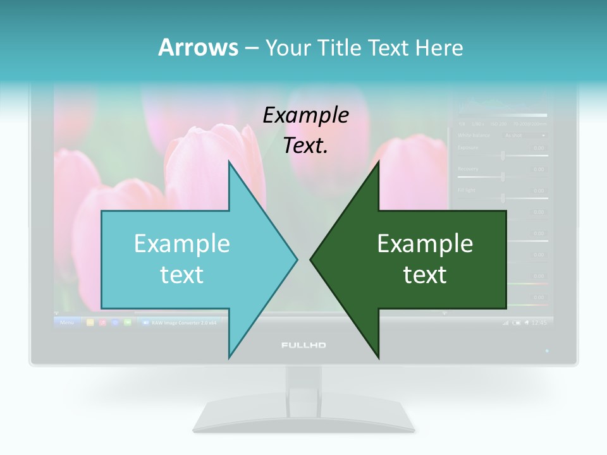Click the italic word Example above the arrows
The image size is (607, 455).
click(x=305, y=115)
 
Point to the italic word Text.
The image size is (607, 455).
click(x=305, y=145)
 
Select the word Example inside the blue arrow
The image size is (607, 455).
click(x=182, y=243)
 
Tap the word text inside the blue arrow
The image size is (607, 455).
click(x=182, y=274)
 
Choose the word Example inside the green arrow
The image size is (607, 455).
click(x=425, y=243)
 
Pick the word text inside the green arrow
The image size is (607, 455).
click(x=425, y=274)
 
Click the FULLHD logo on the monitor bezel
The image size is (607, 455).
click(x=303, y=345)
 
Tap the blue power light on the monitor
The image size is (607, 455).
click(x=547, y=349)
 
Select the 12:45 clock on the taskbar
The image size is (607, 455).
click(x=539, y=322)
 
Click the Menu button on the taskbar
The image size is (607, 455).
click(x=66, y=322)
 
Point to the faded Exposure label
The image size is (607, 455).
click(x=468, y=148)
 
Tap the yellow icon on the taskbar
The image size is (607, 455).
click(x=90, y=322)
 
